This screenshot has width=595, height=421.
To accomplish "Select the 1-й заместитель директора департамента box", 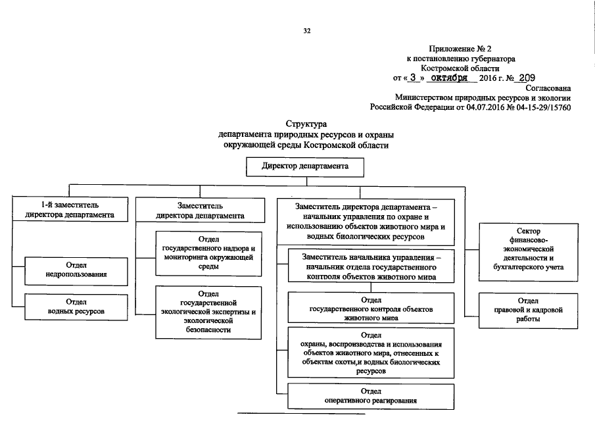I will tap(70, 210).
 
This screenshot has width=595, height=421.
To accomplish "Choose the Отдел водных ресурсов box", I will tap(76, 307).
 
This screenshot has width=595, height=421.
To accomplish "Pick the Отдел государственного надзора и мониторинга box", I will tap(207, 253).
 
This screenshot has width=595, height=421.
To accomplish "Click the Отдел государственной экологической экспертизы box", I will tap(207, 311).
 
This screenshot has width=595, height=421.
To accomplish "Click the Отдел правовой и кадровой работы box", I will tap(527, 310).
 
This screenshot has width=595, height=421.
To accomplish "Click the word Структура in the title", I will tap(306, 124).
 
